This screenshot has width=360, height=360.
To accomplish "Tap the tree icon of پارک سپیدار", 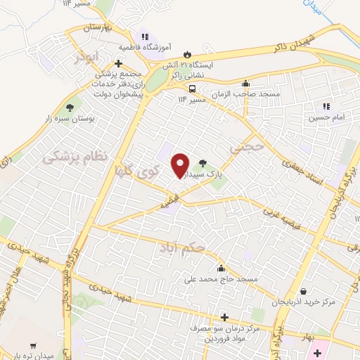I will [204, 162].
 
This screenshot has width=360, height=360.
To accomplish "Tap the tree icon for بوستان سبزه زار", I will [69, 108].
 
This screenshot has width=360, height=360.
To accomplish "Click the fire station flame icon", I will [187, 54].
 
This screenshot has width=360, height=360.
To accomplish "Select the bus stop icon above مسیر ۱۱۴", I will [191, 89].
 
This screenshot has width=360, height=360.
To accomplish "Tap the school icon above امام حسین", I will [326, 106].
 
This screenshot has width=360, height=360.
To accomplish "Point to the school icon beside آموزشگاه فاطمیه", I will [145, 37].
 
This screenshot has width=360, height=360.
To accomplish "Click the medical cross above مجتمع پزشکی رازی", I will [120, 63].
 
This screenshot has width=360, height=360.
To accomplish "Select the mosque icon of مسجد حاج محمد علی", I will [221, 268].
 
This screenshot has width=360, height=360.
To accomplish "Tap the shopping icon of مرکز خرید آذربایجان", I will [303, 291].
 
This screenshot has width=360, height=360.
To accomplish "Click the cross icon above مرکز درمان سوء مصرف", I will [224, 317].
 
